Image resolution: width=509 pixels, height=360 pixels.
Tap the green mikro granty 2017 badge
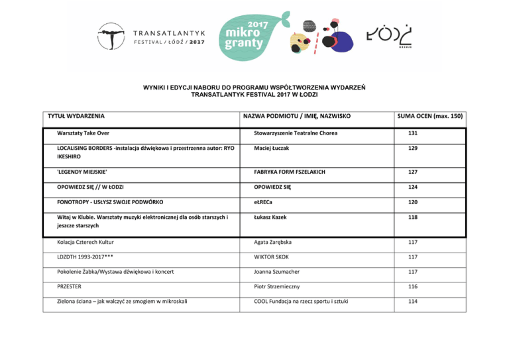click(x=249, y=36)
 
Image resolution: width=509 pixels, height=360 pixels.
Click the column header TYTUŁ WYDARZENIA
click(x=73, y=116)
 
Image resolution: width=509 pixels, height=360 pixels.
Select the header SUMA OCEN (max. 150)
click(x=431, y=116)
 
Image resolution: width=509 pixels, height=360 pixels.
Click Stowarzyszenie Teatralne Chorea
click(x=296, y=133)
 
